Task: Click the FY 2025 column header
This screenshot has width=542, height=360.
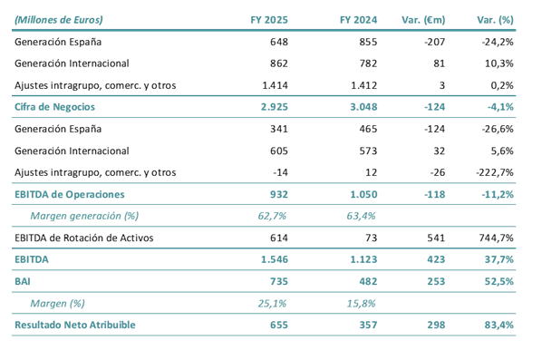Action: pyautogui.click(x=274, y=19)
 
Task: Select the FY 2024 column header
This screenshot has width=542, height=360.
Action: pyautogui.click(x=357, y=19)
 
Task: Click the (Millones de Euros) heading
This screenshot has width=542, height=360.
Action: pyautogui.click(x=59, y=19)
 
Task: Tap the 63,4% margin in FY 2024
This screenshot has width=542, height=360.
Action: pyautogui.click(x=362, y=216)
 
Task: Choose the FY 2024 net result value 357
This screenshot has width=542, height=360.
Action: pyautogui.click(x=367, y=325)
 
